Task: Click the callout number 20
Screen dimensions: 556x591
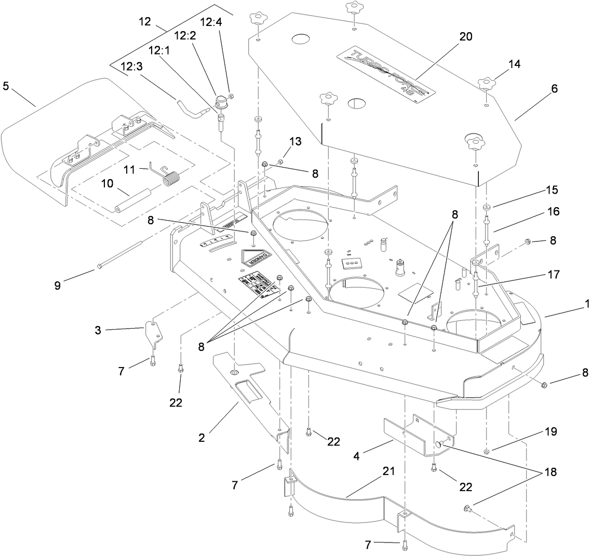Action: (x=465, y=37)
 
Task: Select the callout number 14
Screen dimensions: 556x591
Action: (x=514, y=64)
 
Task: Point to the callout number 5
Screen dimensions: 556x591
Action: (x=6, y=85)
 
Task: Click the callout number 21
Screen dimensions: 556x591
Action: (x=389, y=471)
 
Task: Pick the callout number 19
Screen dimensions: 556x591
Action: (x=550, y=431)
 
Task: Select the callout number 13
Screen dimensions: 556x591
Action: (x=296, y=141)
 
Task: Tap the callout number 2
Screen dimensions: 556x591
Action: (x=202, y=437)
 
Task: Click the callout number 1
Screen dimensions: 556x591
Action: (x=587, y=305)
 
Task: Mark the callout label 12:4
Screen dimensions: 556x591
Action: (x=210, y=23)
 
